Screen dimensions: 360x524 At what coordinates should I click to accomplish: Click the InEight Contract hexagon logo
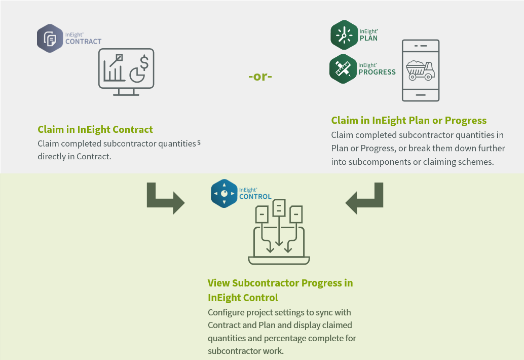[50, 38]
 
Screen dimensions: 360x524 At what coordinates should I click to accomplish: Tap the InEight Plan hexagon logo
[344, 35]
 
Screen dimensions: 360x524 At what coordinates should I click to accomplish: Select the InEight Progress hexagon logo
[343, 68]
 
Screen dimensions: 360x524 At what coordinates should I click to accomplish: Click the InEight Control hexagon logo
[224, 193]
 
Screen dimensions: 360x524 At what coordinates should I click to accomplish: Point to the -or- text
[260, 77]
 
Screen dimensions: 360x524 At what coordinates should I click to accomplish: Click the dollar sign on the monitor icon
[144, 63]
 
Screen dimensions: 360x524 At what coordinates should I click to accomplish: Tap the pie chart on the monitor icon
[136, 75]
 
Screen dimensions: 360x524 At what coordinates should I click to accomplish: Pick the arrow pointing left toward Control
[364, 198]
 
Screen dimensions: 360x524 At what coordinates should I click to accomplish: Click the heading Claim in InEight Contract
[95, 129]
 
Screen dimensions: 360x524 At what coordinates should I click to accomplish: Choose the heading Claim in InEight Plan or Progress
[408, 120]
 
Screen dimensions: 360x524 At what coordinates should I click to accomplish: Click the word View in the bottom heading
[218, 283]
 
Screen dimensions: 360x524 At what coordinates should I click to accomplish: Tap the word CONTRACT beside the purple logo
[84, 42]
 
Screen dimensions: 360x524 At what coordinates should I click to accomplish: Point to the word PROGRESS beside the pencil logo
[377, 72]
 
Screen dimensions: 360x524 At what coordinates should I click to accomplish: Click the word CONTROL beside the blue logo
[255, 197]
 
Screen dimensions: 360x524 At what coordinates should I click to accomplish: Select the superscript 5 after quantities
[199, 142]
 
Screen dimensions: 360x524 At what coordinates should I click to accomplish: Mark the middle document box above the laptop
[279, 207]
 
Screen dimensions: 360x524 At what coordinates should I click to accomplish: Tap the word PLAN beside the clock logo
[368, 38]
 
